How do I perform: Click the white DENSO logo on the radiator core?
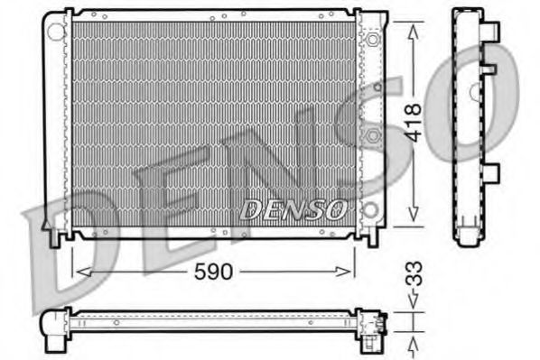tap(293, 210)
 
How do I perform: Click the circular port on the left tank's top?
tap(56, 32)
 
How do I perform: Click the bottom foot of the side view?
tap(470, 236)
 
